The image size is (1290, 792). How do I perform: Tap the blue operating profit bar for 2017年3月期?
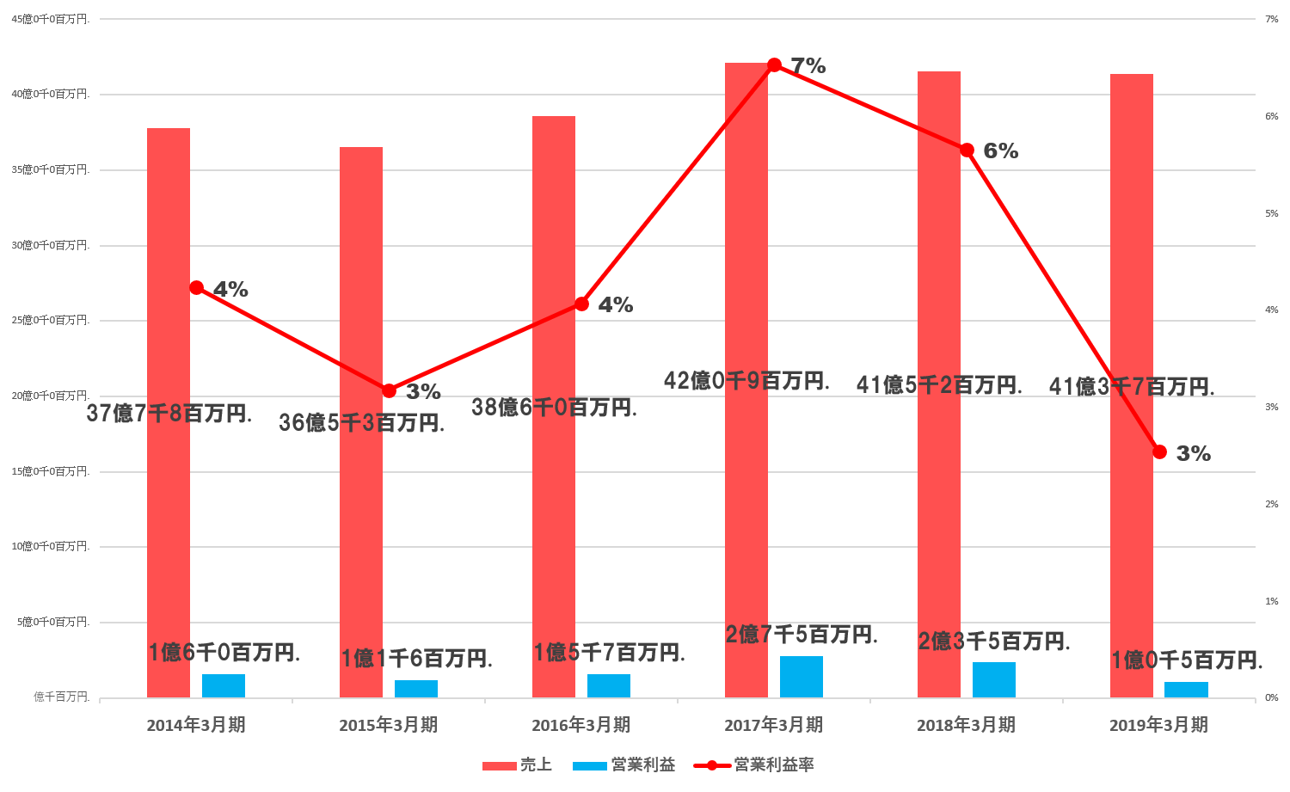tap(802, 677)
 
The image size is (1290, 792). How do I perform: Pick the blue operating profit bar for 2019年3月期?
tap(1187, 690)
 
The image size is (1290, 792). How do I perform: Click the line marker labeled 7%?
tap(774, 65)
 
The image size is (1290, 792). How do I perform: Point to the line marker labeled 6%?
tap(967, 150)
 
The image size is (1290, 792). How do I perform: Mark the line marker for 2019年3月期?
tap(1159, 452)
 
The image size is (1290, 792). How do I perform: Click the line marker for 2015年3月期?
tap(389, 391)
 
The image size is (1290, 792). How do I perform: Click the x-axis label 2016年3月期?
tap(580, 725)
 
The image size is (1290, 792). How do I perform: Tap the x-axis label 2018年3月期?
tap(966, 725)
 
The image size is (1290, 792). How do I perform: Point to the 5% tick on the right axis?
tap(1272, 213)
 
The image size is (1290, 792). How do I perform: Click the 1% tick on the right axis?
tap(1272, 601)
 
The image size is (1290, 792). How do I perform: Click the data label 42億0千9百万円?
tap(746, 380)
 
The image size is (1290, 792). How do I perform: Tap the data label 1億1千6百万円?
tap(417, 659)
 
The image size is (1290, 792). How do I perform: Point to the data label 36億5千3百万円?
tap(361, 422)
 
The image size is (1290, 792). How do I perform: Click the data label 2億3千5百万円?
tap(994, 642)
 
